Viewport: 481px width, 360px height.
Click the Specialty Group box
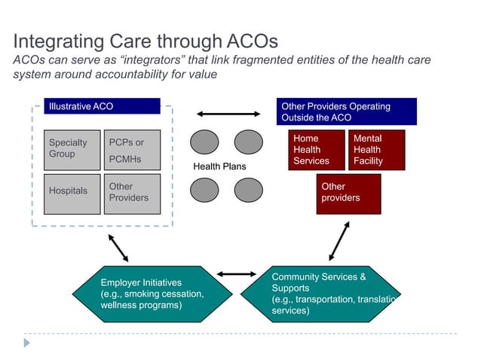point(72,150)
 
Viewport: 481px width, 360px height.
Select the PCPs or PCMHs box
point(132,150)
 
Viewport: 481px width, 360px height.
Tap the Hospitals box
point(72,194)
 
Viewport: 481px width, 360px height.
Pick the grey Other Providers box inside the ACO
point(132,194)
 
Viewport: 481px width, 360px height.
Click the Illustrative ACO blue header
point(102,106)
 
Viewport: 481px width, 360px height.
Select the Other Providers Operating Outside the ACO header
point(346,111)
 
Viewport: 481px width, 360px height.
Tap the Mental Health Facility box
point(376,149)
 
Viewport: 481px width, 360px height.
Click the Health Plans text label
point(219,166)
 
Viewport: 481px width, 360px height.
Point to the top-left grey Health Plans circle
point(204,142)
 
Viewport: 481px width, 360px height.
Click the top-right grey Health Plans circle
point(248,142)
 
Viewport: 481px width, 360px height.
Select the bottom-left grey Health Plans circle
point(204,190)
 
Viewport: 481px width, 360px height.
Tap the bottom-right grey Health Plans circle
point(248,190)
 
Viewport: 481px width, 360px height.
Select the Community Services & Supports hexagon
point(320,294)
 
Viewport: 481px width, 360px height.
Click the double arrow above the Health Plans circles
point(227,114)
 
